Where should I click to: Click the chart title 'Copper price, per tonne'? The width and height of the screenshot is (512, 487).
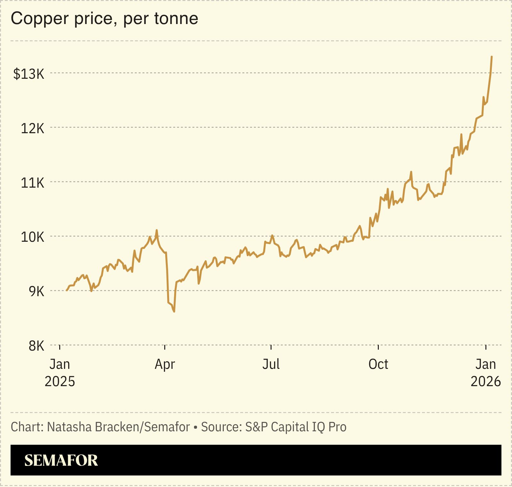pyautogui.click(x=104, y=19)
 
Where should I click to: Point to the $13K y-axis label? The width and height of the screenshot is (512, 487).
pyautogui.click(x=29, y=74)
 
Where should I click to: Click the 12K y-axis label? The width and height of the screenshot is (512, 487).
pyautogui.click(x=32, y=128)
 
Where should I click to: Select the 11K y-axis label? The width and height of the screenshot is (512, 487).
pyautogui.click(x=32, y=183)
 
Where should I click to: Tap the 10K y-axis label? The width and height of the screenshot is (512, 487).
pyautogui.click(x=32, y=237)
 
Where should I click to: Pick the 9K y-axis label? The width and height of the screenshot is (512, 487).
pyautogui.click(x=36, y=292)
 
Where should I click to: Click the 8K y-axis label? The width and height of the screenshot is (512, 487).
pyautogui.click(x=36, y=346)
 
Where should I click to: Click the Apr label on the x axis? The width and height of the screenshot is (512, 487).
pyautogui.click(x=165, y=364)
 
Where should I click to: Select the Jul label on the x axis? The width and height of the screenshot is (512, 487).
pyautogui.click(x=271, y=364)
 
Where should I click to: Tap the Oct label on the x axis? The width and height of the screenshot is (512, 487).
pyautogui.click(x=378, y=364)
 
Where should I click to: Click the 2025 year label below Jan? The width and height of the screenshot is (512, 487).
pyautogui.click(x=60, y=382)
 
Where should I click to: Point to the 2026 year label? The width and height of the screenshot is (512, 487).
pyautogui.click(x=485, y=382)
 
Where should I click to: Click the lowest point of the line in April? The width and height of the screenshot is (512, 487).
pyautogui.click(x=174, y=312)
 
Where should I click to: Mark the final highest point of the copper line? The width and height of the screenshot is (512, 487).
pyautogui.click(x=492, y=57)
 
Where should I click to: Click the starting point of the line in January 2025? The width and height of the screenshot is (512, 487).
pyautogui.click(x=67, y=290)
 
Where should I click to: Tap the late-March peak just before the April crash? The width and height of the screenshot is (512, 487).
pyautogui.click(x=157, y=230)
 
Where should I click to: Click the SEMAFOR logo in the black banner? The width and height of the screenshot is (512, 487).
pyautogui.click(x=61, y=460)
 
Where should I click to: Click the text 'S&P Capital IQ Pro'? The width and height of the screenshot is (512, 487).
pyautogui.click(x=296, y=427)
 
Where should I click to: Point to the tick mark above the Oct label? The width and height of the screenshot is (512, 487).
pyautogui.click(x=378, y=347)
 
